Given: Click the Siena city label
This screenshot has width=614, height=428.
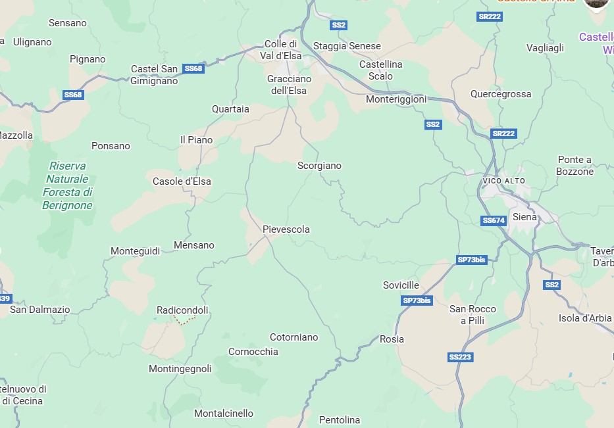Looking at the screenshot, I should [524, 217].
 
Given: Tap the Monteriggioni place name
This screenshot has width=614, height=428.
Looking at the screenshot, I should [396, 99].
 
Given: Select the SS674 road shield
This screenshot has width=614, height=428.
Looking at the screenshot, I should [494, 221].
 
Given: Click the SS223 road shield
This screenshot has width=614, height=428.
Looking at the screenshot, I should [460, 357].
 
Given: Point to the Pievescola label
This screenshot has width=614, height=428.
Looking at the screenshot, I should [286, 229].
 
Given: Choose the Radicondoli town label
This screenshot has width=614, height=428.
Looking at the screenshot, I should [182, 310].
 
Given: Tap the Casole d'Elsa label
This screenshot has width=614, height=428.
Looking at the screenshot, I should [182, 181].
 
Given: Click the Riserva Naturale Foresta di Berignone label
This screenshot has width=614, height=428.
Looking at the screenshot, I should [67, 185].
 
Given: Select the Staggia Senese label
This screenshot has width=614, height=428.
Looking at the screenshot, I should [347, 46].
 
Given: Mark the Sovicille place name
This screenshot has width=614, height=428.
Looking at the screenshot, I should [401, 285].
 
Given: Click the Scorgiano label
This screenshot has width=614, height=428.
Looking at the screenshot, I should [319, 166].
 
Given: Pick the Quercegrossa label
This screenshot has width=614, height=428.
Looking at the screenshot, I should [500, 94].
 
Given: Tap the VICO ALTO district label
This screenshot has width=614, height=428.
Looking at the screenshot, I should [504, 181].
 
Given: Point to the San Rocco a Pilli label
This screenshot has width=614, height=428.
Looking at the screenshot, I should [473, 314].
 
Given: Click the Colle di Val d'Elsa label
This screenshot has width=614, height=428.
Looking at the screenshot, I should [283, 50].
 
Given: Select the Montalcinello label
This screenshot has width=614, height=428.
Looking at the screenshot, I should [223, 414].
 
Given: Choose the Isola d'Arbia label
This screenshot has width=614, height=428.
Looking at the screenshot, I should [585, 318].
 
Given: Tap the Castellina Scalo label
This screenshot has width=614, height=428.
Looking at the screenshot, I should [380, 70].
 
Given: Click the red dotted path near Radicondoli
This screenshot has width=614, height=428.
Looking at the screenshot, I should [186, 321].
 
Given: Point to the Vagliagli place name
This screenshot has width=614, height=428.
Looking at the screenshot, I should [545, 48].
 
